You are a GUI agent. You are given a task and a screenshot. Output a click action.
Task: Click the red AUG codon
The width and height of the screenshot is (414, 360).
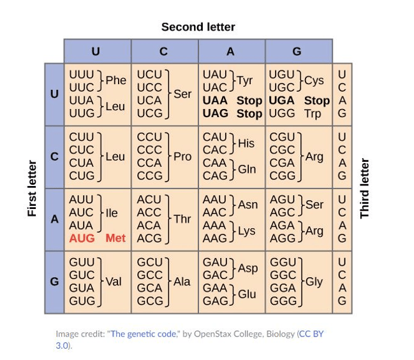point(82,238)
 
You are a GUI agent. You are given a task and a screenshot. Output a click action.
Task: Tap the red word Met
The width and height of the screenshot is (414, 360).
point(115,238)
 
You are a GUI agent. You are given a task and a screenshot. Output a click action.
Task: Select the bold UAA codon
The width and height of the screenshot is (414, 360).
point(215,101)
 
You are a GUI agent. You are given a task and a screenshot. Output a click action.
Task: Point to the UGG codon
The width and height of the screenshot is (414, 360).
point(282,113)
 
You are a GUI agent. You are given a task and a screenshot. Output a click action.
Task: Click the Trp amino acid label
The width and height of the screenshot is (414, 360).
point(313,114)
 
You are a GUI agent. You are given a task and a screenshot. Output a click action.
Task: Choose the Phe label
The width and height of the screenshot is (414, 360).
point(116,80)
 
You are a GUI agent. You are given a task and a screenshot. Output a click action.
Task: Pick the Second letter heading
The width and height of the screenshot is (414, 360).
point(198,27)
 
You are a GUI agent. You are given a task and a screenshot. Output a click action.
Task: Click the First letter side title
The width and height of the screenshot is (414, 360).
point(32,189)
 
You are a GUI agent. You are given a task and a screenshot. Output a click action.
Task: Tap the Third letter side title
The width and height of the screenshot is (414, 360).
point(364,189)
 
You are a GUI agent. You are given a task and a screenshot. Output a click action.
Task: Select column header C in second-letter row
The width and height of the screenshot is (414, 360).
point(163,51)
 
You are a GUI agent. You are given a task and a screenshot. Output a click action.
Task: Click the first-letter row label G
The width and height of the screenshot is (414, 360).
point(54,282)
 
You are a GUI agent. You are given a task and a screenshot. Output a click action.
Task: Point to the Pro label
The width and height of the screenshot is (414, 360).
point(182,157)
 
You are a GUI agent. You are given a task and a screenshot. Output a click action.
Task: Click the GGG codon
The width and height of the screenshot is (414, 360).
point(283,301)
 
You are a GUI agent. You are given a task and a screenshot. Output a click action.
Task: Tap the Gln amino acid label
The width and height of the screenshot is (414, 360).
point(247,169)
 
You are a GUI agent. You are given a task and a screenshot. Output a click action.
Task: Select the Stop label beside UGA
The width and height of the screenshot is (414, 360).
point(317,101)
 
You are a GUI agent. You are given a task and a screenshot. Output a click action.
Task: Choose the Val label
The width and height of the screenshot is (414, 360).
point(114,282)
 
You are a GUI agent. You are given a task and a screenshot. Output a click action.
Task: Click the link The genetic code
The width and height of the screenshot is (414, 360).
point(144,334)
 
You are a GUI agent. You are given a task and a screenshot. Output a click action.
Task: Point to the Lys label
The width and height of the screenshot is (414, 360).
point(247,231)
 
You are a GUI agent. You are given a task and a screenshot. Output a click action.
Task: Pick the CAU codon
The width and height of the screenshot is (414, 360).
point(215,137)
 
